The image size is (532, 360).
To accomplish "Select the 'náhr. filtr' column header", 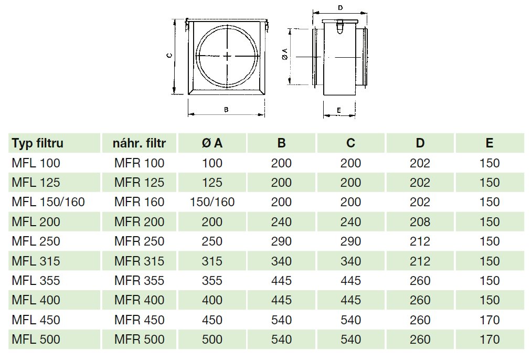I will click(140, 143).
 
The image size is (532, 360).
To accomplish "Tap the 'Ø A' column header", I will click(212, 143).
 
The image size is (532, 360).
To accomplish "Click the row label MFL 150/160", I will click(48, 202).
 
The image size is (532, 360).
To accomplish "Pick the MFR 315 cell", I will click(140, 261).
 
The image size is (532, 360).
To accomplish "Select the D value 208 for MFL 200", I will click(420, 222).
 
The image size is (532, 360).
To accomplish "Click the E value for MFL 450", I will click(490, 320).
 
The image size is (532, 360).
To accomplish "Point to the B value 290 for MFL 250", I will click(281, 241).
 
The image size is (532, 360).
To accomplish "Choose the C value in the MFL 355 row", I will click(350, 281).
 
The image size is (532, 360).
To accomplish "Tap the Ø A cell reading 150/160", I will click(212, 202).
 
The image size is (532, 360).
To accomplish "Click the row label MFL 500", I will click(36, 340).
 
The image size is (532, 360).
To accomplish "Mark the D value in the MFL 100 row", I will click(420, 163).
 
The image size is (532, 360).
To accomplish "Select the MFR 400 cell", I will click(140, 300).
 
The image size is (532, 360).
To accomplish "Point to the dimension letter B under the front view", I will click(226, 110).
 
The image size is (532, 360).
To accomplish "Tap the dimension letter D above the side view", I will click(341, 8).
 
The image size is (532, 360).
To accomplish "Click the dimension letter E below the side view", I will click(339, 110).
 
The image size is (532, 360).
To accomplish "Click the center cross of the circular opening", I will click(227, 56).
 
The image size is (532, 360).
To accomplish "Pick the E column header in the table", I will click(490, 143).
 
